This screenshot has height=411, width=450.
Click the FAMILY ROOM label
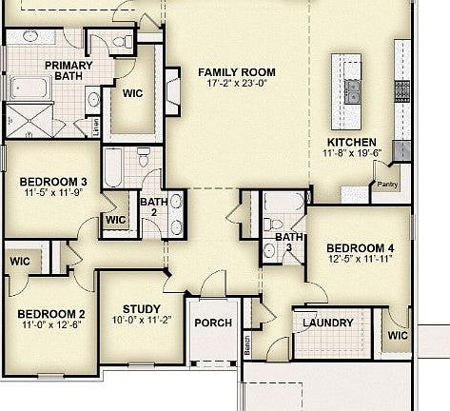[x=236, y=71]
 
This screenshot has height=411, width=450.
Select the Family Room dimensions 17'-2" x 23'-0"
[x=236, y=84]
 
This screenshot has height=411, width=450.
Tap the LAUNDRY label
[x=327, y=323]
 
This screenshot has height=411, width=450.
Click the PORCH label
[x=212, y=323]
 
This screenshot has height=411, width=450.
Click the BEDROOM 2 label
[x=51, y=315]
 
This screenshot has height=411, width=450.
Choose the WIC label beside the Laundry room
[x=397, y=336]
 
